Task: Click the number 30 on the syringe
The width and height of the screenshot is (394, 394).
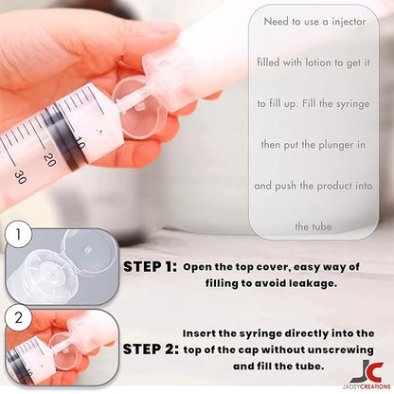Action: click(20, 177)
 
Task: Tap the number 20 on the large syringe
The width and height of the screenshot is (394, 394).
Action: click(49, 160)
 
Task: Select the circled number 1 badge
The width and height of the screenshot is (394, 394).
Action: click(18, 234)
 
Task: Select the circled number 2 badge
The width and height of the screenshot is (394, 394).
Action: click(18, 317)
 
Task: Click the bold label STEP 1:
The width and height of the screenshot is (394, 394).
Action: click(150, 267)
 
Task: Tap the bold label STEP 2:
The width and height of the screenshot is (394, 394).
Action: click(151, 349)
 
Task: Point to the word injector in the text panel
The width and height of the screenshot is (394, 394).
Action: click(349, 22)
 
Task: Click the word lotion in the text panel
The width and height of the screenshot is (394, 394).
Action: click(318, 63)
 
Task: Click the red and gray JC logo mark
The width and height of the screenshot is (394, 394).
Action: click(367, 371)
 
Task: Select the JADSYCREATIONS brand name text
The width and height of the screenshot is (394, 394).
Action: click(369, 386)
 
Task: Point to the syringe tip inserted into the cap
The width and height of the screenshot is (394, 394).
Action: click(124, 103)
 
